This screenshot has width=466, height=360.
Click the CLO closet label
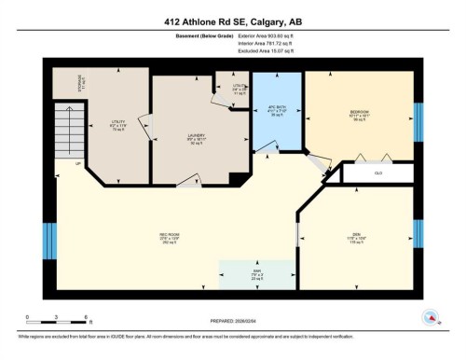tap(377, 173)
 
